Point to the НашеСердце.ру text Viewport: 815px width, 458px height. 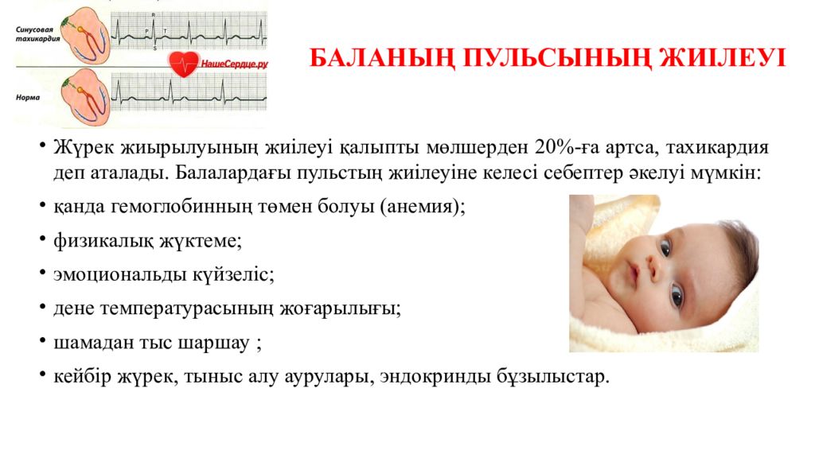point(234,65)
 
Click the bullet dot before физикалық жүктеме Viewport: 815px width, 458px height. point(41,239)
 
